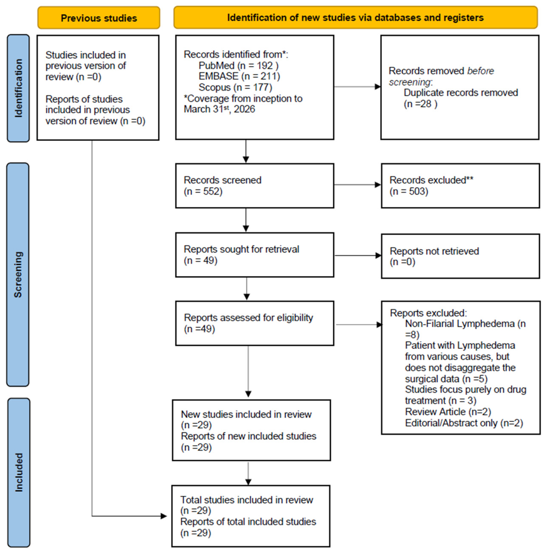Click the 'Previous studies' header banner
pyautogui.click(x=99, y=18)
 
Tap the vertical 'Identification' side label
pyautogui.click(x=18, y=88)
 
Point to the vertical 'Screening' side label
pyautogui.click(x=18, y=274)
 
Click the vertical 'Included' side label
pyautogui.click(x=19, y=472)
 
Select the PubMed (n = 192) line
pyautogui.click(x=238, y=66)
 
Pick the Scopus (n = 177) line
pyautogui.click(x=235, y=87)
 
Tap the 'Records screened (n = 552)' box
pyautogui.click(x=255, y=186)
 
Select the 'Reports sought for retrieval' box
pyautogui.click(x=255, y=255)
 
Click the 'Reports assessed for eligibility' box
pyautogui.click(x=255, y=323)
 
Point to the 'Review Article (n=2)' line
pyautogui.click(x=448, y=412)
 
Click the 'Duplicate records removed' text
pyautogui.click(x=461, y=93)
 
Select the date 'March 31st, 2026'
pyautogui.click(x=219, y=109)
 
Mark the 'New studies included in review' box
pyautogui.click(x=252, y=430)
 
